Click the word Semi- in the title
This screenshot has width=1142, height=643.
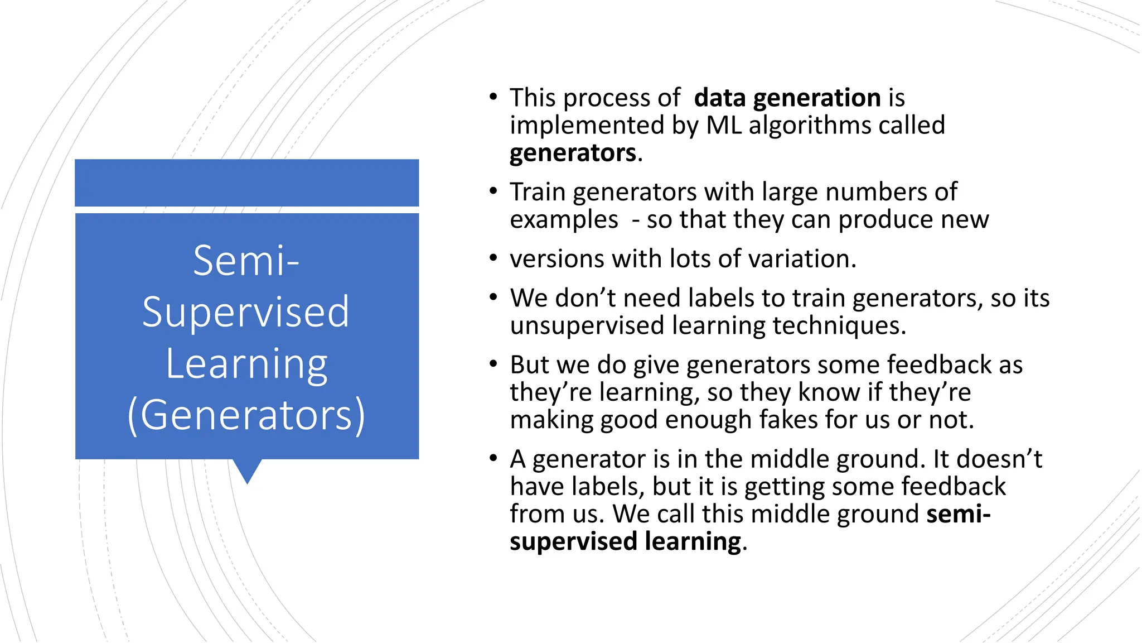click(x=246, y=261)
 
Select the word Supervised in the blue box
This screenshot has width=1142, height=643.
click(x=246, y=313)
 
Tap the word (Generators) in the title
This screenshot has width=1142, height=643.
click(x=246, y=415)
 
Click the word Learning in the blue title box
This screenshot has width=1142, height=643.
click(x=246, y=364)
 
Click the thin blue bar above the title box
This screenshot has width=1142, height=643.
click(x=247, y=183)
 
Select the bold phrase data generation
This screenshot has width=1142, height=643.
click(x=787, y=98)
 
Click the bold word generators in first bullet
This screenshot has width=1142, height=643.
click(x=573, y=153)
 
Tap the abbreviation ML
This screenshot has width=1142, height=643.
click(x=724, y=126)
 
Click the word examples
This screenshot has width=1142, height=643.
click(x=564, y=220)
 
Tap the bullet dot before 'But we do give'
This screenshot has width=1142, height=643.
click(x=493, y=364)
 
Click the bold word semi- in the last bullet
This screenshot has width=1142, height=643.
click(x=958, y=514)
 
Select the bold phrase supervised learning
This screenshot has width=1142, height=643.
click(x=625, y=542)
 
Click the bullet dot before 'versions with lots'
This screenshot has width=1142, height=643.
click(x=493, y=258)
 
